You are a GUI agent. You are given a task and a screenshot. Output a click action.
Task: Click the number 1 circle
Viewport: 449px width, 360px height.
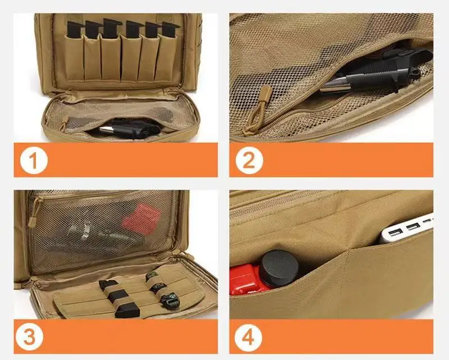tap(34, 160)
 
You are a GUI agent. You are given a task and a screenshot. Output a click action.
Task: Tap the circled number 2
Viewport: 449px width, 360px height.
tap(249, 160)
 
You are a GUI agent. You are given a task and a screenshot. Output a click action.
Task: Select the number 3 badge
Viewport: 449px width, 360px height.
tap(34, 338)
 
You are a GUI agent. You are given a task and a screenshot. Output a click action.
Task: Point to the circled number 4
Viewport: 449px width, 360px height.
tap(249, 338)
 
